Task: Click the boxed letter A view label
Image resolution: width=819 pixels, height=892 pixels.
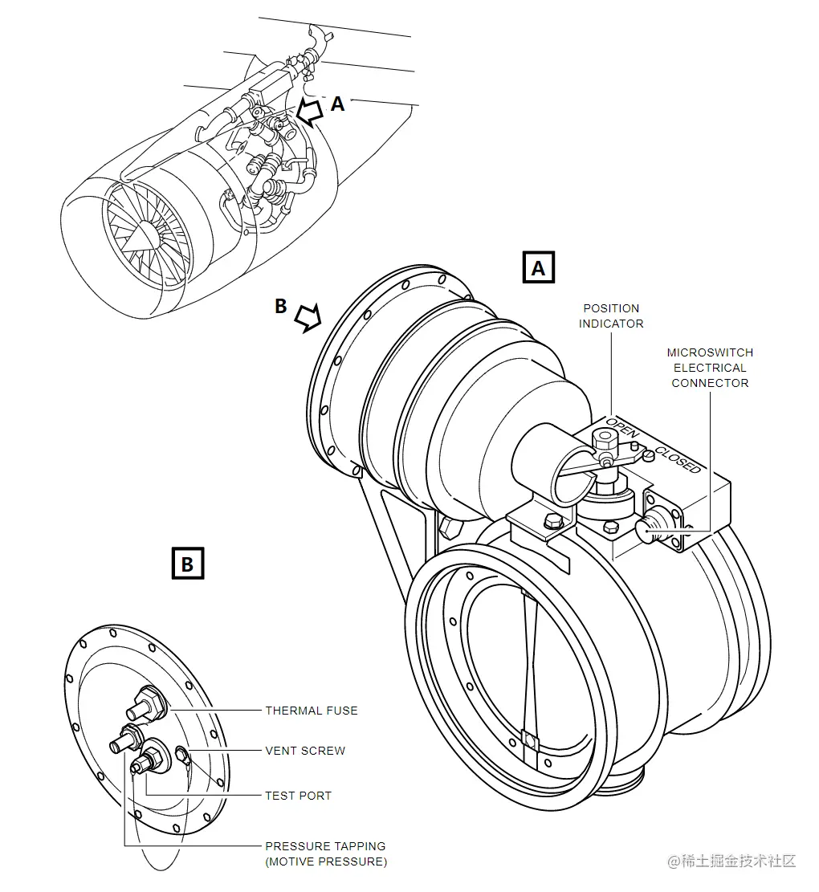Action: click(538, 267)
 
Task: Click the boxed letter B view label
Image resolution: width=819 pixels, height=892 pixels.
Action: click(188, 563)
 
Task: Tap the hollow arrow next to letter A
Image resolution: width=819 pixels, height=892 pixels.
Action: click(309, 112)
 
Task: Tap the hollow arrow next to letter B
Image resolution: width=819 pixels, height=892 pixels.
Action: click(308, 317)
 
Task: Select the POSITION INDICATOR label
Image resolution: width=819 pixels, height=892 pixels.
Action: click(611, 316)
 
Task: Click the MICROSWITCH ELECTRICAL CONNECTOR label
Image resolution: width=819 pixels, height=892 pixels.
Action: click(710, 368)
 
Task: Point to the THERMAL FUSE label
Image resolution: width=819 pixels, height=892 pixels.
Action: click(311, 711)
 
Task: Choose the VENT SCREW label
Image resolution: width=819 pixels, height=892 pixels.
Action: click(305, 751)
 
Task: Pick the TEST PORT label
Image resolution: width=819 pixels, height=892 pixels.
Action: click(298, 796)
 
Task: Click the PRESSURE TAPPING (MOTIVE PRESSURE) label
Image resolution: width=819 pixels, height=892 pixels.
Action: click(326, 854)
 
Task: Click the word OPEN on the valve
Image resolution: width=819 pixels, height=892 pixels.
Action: click(622, 427)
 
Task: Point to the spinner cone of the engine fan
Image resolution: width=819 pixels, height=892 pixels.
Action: click(141, 235)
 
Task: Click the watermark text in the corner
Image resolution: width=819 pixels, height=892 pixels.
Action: click(731, 861)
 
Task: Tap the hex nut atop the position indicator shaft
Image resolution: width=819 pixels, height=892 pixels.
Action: click(603, 440)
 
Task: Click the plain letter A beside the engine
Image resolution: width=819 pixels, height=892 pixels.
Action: click(337, 104)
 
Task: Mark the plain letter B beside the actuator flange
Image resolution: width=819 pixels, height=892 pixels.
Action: click(280, 305)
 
